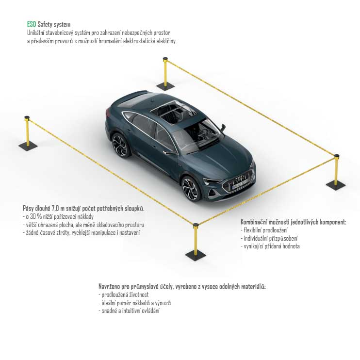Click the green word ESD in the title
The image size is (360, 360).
32,24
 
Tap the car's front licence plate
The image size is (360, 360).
240,185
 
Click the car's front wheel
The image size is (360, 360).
190,189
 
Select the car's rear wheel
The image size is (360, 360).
120,146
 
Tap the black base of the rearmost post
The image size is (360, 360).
165,86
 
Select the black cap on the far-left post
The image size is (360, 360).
27,118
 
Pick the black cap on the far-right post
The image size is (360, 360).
336,156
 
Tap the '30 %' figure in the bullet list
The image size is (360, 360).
36,216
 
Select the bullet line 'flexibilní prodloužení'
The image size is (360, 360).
264,230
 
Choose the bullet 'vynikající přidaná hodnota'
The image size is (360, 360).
270,246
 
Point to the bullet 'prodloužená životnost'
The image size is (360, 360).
124,295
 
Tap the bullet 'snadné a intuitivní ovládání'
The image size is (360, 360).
129,311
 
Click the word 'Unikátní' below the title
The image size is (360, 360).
35,33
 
